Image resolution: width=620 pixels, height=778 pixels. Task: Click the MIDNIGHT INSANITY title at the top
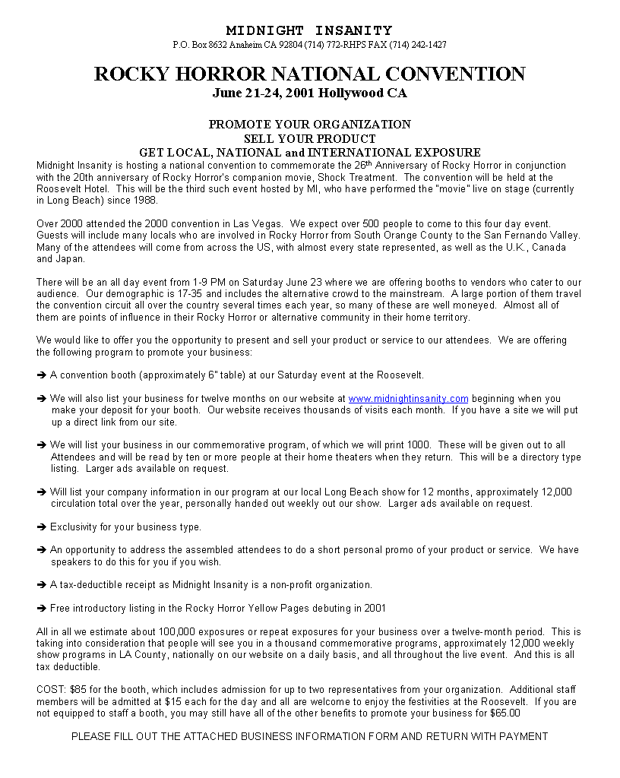(x=309, y=30)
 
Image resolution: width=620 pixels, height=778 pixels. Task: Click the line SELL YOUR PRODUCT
(x=309, y=138)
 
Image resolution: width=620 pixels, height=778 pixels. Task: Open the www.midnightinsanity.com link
(x=408, y=398)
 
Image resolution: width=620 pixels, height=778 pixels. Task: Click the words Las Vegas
(x=264, y=224)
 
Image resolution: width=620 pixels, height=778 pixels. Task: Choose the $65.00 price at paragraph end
(x=505, y=713)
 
